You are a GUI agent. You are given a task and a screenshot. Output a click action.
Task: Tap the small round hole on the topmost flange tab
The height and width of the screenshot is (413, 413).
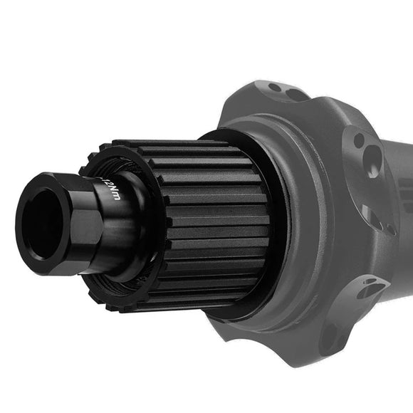tap(274, 88)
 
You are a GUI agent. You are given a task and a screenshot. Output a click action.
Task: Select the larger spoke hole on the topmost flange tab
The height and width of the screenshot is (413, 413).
tap(293, 94)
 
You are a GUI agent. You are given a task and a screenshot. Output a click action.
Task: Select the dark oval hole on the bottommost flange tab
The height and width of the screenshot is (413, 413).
tap(329, 338)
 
